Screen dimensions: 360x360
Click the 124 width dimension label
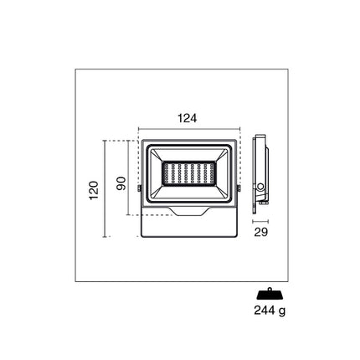click(188, 118)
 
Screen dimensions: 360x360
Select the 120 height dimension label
click(95, 190)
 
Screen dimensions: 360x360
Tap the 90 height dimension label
click(121, 183)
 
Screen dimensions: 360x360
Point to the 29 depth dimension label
click(261, 232)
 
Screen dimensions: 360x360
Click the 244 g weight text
click(270, 311)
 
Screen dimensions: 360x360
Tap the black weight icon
click(270, 294)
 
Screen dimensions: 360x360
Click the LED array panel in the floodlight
click(189, 173)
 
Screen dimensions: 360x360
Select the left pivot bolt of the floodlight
click(140, 188)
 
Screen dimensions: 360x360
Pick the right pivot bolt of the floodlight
click(239, 188)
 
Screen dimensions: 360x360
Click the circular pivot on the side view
click(261, 187)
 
